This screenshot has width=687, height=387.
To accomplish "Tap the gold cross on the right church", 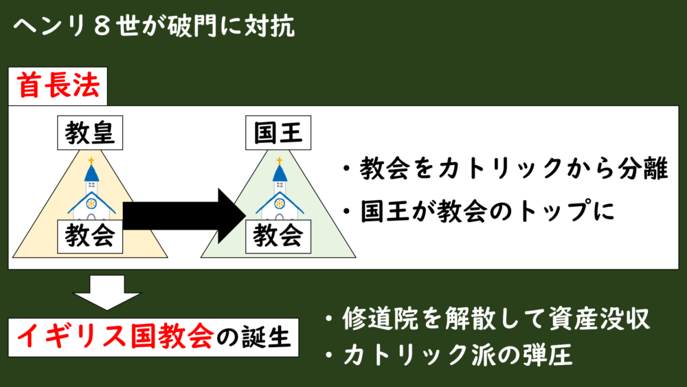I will [x=279, y=162].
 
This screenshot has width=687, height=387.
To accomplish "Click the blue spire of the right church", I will [x=279, y=175].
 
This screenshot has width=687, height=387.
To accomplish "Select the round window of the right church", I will [x=279, y=203].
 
